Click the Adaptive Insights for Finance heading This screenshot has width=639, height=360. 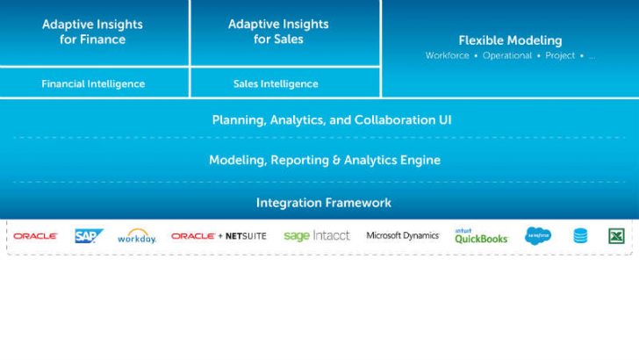92,32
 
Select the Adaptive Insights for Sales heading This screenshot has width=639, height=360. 278,32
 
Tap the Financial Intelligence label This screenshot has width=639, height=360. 93,84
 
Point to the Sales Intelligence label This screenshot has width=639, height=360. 276,84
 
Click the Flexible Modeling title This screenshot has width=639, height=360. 510,40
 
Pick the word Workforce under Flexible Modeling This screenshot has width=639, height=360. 447,55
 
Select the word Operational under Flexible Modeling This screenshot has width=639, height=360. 507,55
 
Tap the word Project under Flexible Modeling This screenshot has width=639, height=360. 560,56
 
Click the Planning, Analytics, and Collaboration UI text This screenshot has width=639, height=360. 332,120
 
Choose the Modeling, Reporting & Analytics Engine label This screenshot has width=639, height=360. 325,160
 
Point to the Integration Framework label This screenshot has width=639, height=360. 324,203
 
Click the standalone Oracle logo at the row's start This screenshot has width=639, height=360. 35,236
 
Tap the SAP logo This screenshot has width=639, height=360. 89,235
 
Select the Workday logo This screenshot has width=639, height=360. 137,236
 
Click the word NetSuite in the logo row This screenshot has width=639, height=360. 246,236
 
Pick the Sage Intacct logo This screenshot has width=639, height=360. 317,235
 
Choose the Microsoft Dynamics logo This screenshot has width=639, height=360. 403,235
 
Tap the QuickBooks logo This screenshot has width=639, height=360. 481,236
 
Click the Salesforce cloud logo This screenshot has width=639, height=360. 538,235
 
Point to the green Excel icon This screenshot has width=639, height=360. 616,236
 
